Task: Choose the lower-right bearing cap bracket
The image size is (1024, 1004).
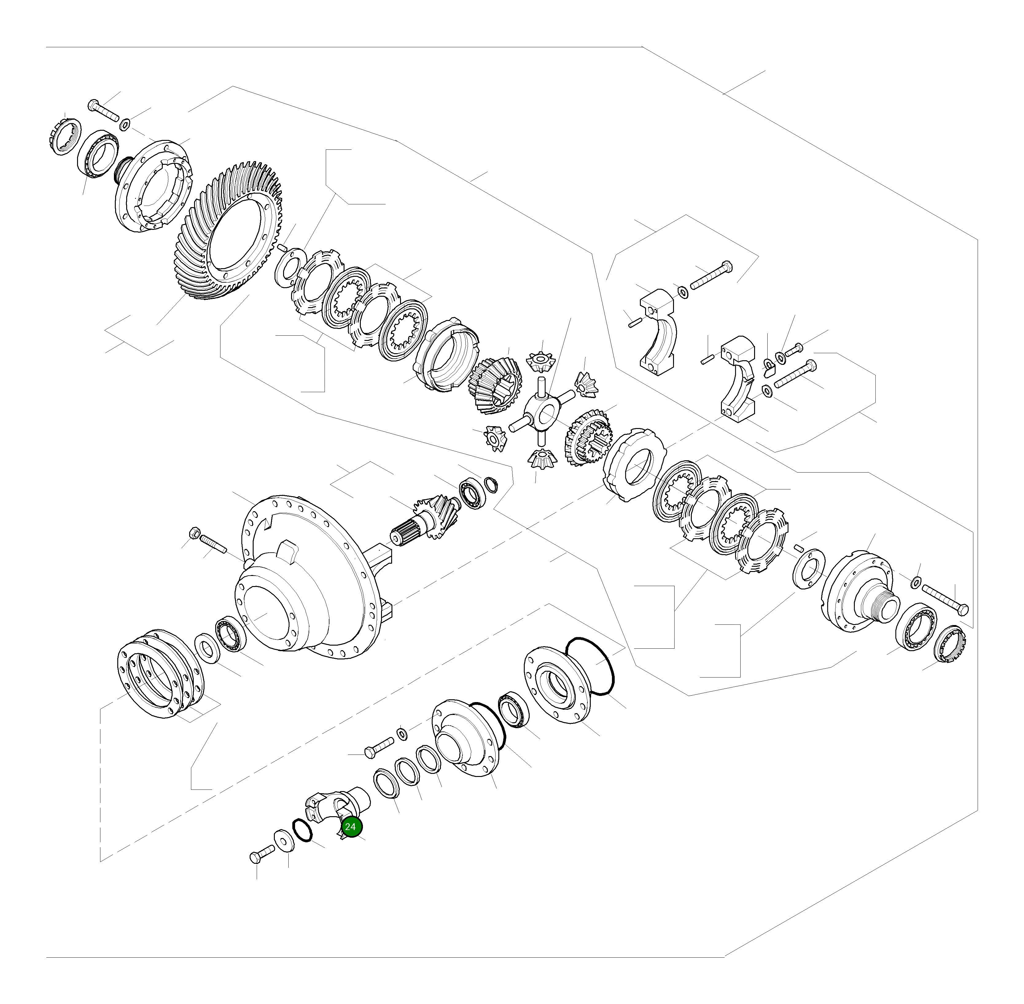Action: (738, 380)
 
